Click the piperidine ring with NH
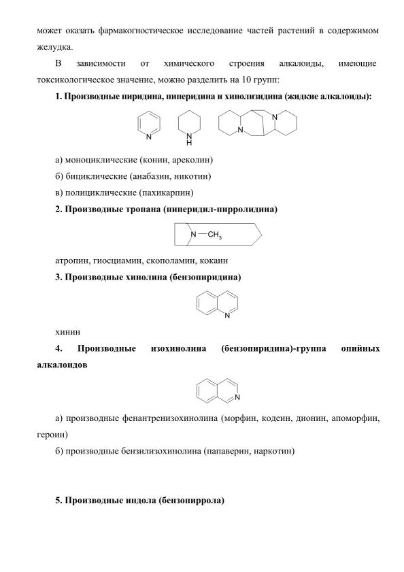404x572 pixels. pos(179,124)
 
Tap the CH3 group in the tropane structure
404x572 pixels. pos(215,235)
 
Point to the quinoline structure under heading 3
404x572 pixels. pos(197,303)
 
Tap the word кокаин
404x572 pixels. pos(214,260)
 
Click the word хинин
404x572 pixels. pos(67,333)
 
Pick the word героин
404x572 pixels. pos(51,435)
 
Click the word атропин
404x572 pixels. pos(72,260)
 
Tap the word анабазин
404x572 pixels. pos(150,177)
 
